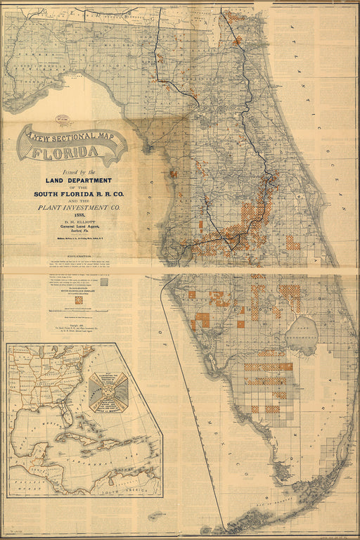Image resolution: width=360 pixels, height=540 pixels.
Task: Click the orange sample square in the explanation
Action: pos(79,300)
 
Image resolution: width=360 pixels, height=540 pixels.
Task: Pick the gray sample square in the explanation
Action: pos(104,281)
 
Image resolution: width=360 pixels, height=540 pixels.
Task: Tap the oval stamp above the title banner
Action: pos(63,119)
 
